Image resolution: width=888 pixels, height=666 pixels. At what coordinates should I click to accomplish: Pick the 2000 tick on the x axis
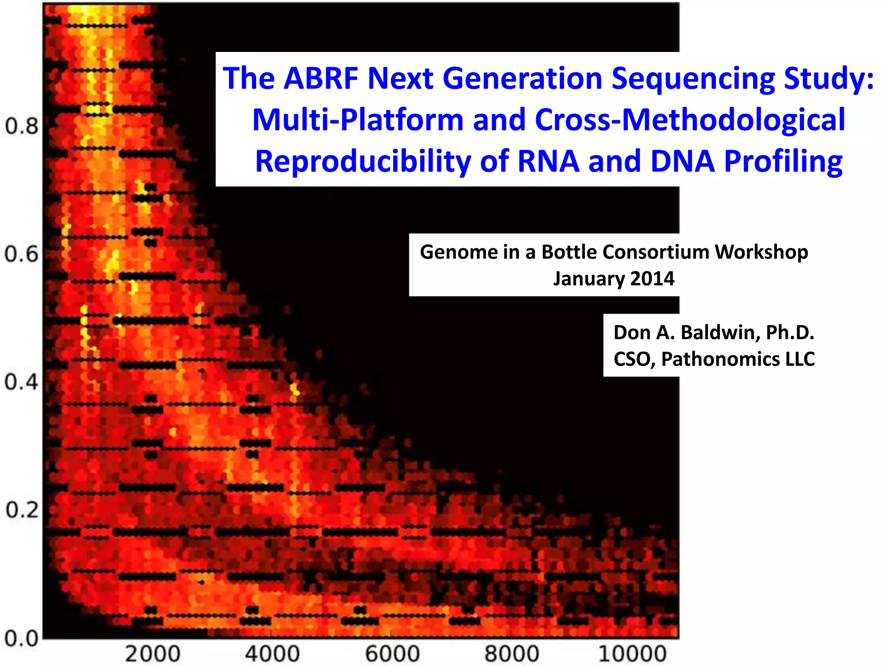coord(153,654)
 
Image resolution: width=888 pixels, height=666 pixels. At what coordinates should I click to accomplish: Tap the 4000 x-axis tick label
coord(272,654)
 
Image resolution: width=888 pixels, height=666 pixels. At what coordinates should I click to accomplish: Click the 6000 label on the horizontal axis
coord(392,654)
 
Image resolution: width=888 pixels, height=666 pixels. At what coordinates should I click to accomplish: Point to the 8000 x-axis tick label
coord(512,654)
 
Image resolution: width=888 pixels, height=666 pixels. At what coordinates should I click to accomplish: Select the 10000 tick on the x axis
coord(632,654)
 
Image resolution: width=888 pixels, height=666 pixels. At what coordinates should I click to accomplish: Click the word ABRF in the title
coord(321,78)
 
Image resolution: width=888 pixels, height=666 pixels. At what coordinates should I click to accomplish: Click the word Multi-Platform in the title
coord(358,120)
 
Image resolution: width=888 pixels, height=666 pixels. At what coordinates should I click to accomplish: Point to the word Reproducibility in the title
coord(362,161)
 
